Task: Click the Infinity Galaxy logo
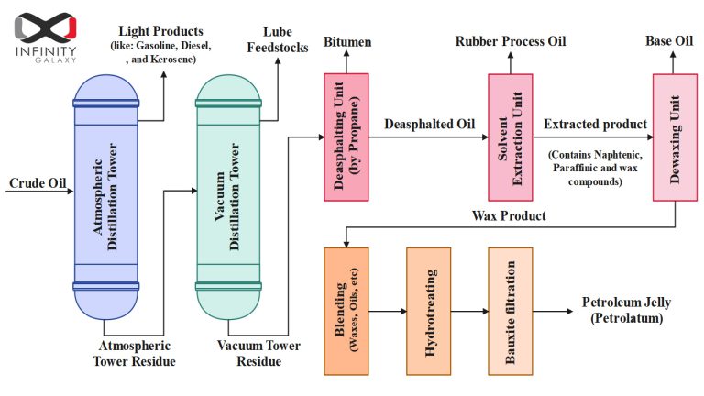click(x=46, y=35)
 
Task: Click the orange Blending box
click(x=346, y=311)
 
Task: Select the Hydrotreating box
click(x=429, y=311)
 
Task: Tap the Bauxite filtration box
click(x=510, y=311)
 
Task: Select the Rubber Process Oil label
click(x=511, y=42)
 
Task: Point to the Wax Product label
click(x=509, y=215)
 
